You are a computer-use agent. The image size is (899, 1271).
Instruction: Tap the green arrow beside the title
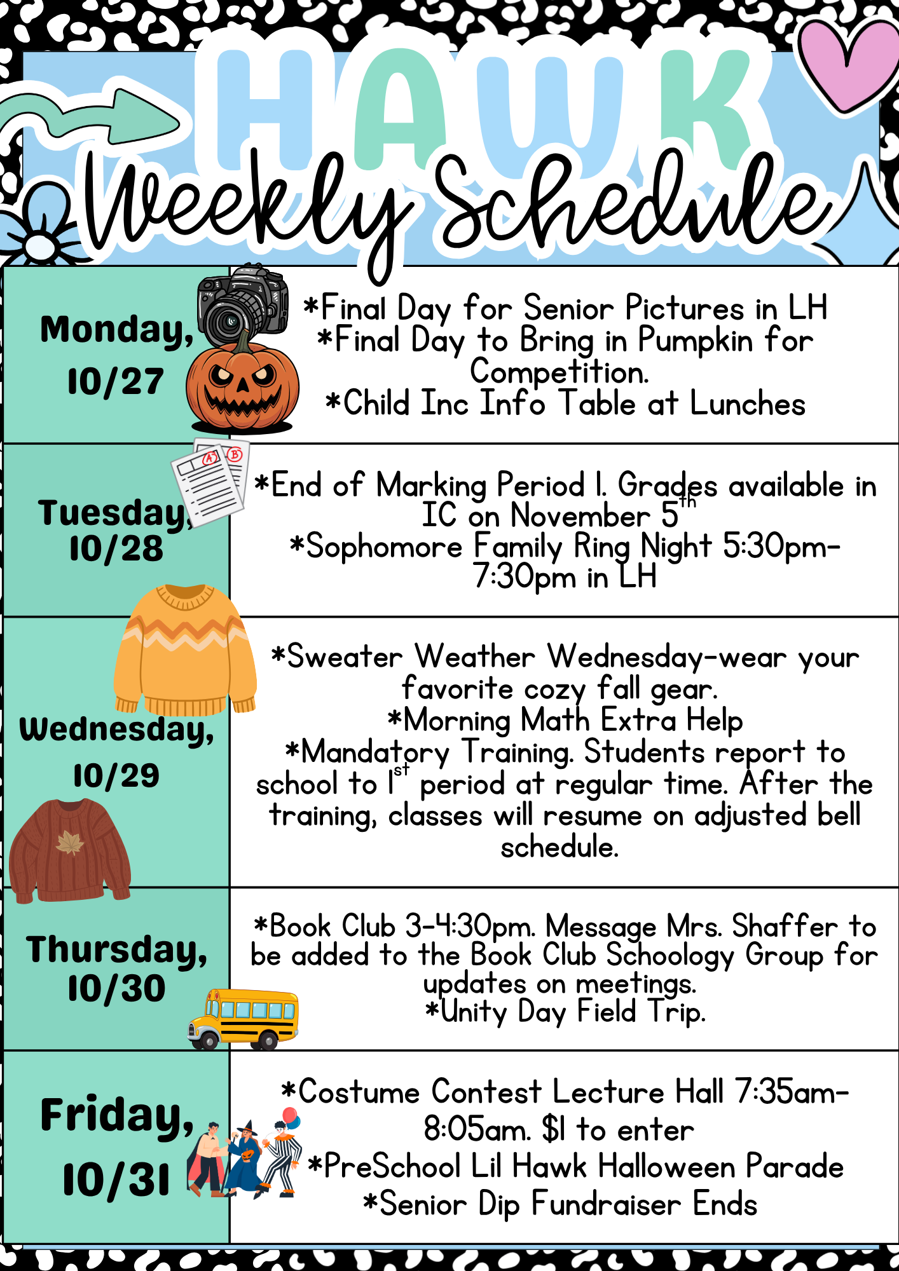click(x=95, y=118)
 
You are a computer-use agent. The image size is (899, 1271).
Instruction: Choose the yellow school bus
click(x=244, y=1019)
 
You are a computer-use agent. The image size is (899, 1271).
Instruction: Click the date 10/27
click(x=116, y=382)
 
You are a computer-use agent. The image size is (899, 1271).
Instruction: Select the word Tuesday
click(x=112, y=513)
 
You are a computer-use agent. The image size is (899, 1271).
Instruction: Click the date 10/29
click(x=116, y=776)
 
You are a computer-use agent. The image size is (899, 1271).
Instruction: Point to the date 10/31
click(x=116, y=1180)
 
